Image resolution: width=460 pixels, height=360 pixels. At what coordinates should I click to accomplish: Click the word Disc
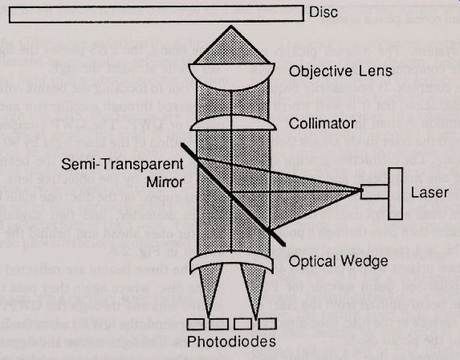(324, 12)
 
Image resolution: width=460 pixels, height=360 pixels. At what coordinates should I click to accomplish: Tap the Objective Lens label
(340, 71)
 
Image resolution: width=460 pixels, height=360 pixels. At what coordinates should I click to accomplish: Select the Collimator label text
(322, 123)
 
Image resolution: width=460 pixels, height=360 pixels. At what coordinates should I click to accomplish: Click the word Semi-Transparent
(122, 164)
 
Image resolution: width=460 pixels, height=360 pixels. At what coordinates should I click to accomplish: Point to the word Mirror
(165, 182)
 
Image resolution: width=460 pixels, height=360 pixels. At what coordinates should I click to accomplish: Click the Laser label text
(429, 193)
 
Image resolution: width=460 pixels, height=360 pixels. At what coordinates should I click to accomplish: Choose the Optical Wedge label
(338, 261)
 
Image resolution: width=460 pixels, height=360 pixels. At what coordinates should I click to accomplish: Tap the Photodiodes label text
(231, 342)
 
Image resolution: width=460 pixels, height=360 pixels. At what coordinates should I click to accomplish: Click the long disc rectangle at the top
(157, 14)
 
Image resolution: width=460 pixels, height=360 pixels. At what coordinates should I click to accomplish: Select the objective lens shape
(231, 77)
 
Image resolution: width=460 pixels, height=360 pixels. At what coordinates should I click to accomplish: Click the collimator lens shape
(233, 123)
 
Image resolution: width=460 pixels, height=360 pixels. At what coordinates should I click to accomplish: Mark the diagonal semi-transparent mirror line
(233, 194)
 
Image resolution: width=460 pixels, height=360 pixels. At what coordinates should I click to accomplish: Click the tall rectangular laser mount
(395, 194)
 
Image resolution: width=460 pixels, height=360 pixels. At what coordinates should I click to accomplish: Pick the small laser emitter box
(374, 192)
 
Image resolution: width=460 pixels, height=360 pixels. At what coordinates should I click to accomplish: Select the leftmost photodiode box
(196, 325)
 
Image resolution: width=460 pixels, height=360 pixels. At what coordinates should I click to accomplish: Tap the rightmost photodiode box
(267, 324)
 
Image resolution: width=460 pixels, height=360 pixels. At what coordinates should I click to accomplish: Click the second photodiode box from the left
(219, 325)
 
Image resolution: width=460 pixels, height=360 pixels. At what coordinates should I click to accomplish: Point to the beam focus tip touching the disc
(231, 27)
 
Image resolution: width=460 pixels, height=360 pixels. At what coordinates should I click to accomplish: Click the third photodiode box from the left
(243, 324)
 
